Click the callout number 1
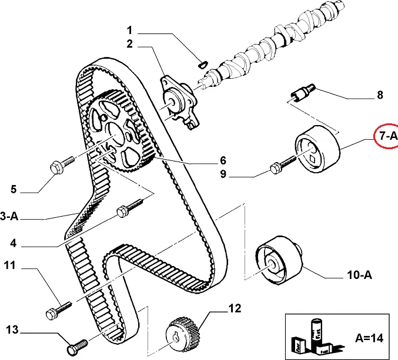coord(130,30)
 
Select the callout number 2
coord(130,44)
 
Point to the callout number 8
coord(379,94)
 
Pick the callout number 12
coord(235,307)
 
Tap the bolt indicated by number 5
coord(61,164)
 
